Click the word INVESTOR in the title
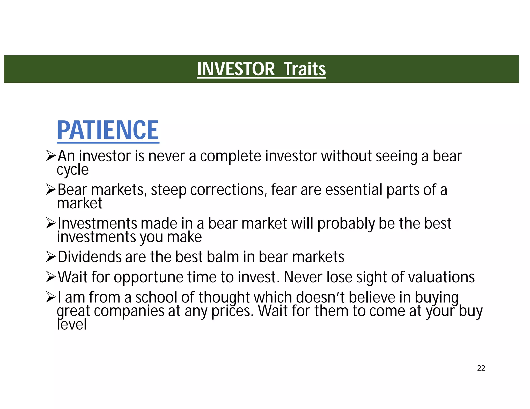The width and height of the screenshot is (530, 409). [x=236, y=69]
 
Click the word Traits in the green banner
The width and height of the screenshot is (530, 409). [x=305, y=69]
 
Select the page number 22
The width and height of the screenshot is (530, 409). [x=481, y=368]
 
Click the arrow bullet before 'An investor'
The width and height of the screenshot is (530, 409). [x=51, y=156]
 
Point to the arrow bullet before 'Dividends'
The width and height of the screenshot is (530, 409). [x=51, y=257]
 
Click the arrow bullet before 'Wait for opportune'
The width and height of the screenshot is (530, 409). [x=51, y=277]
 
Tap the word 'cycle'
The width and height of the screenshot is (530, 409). [x=73, y=170]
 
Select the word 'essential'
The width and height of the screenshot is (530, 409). [x=354, y=190]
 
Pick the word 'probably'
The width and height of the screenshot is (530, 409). [x=346, y=224]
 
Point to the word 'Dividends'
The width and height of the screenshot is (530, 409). [x=89, y=257]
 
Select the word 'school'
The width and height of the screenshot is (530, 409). [x=156, y=297]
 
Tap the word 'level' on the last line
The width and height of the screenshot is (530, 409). [x=72, y=324]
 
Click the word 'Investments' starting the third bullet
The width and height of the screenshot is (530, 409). [x=97, y=223]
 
